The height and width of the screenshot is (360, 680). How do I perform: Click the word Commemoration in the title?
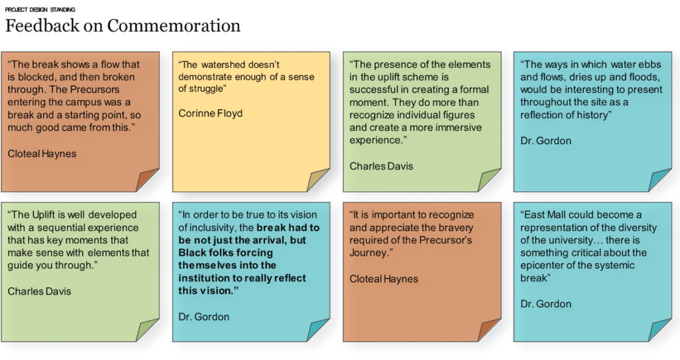click(x=173, y=26)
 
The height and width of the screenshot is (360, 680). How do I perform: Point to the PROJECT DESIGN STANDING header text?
click(x=40, y=9)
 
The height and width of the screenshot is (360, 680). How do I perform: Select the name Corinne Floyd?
click(x=211, y=114)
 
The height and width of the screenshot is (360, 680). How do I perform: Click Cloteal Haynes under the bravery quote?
click(x=384, y=279)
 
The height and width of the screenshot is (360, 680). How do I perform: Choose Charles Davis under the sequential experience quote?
click(x=39, y=292)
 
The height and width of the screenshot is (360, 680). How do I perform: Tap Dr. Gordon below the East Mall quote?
click(x=546, y=304)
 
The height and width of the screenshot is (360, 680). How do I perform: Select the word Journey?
click(x=368, y=253)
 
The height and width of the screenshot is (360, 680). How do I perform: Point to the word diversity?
click(x=637, y=228)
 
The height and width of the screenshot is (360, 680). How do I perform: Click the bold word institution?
click(x=204, y=278)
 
